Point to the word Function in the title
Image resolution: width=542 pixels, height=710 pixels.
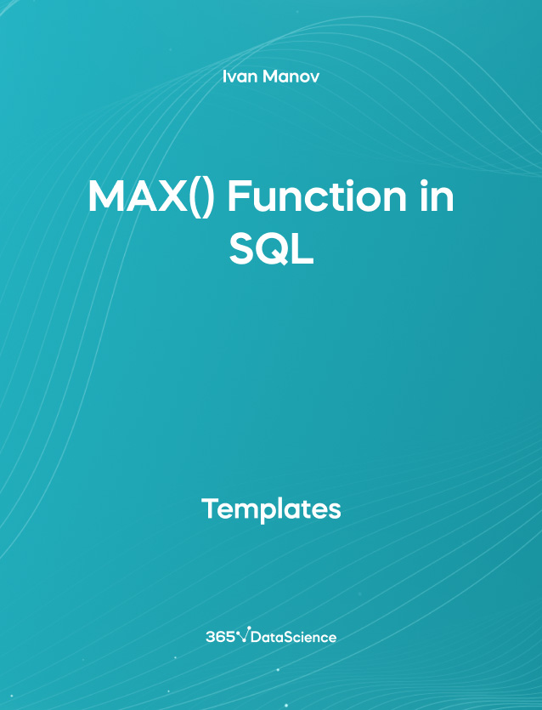(301, 199)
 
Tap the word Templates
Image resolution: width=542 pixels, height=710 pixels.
(271, 509)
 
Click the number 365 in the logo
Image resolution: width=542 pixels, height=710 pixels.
(220, 636)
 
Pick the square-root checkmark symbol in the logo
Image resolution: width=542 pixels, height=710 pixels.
(245, 634)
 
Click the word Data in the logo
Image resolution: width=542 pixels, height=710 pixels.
(269, 637)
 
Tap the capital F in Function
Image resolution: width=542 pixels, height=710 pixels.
(238, 199)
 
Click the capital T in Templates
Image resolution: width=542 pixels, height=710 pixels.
(210, 509)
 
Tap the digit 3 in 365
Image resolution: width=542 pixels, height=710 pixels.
(211, 636)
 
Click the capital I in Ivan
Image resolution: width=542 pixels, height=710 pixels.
(224, 77)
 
